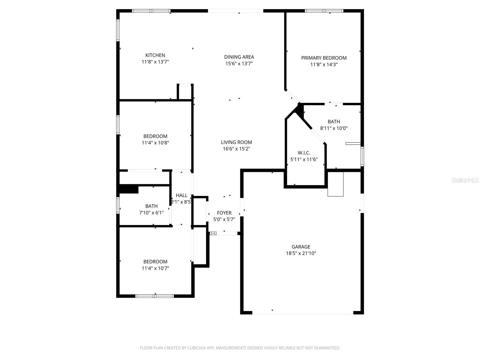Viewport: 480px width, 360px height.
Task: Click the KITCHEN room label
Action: [x=155, y=55]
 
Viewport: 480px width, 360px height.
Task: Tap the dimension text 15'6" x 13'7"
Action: [x=239, y=64]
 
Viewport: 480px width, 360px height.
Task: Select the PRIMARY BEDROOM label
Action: [x=324, y=58]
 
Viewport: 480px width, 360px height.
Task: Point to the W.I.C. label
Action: [x=304, y=153]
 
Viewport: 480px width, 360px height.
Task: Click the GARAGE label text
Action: [x=301, y=247]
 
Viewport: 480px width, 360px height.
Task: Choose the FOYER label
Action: [x=224, y=213]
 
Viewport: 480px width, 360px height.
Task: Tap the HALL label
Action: [x=181, y=195]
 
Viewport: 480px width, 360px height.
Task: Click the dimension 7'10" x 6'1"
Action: [x=151, y=213]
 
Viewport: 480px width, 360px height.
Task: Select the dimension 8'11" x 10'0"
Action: [x=334, y=128]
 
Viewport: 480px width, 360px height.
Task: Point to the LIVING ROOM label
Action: [x=236, y=142]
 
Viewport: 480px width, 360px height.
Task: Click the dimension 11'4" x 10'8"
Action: [x=155, y=143]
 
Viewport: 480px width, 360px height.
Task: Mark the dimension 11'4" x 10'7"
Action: [x=155, y=268]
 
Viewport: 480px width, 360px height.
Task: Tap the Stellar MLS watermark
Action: [x=465, y=180]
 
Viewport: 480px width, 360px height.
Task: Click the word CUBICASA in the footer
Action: [x=196, y=348]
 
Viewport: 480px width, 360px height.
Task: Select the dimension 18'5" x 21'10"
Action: [x=301, y=253]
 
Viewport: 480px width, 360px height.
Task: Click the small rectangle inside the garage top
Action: [x=335, y=184]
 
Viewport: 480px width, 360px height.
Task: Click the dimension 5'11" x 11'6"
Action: [x=304, y=160]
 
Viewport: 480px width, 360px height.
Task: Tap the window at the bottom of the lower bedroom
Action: [x=154, y=296]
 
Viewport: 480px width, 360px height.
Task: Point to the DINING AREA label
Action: [x=239, y=57]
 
